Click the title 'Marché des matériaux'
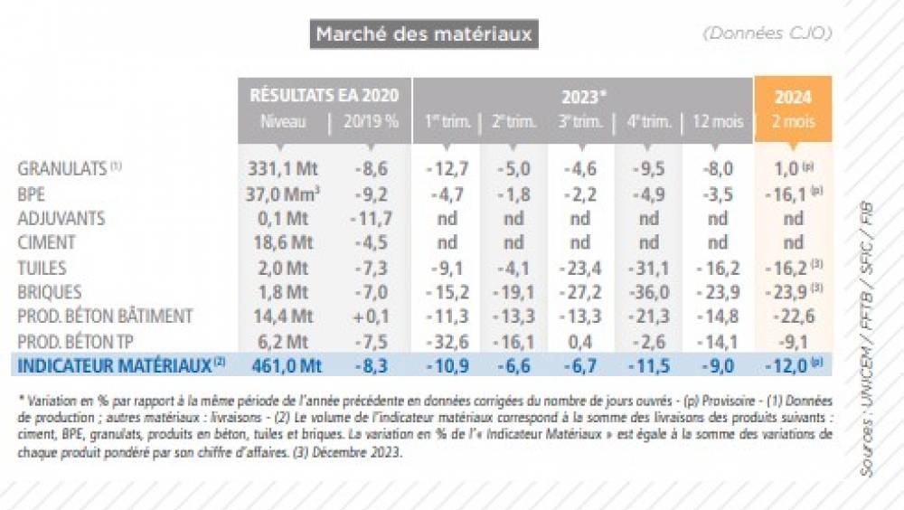[424, 35]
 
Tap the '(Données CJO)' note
[766, 33]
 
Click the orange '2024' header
[793, 97]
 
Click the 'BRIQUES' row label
[50, 291]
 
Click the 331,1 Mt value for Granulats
[282, 168]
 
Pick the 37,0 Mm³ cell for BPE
[284, 193]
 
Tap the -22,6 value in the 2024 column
[793, 316]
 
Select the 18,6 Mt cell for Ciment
[282, 242]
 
